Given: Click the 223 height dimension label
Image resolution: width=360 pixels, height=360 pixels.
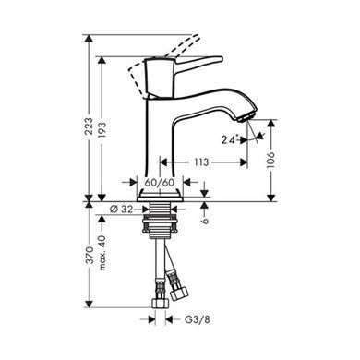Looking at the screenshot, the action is point(89,126).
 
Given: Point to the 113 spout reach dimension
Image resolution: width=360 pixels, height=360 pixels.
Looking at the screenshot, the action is point(201,162).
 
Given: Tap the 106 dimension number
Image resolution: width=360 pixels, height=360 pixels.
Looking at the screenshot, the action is point(270,160).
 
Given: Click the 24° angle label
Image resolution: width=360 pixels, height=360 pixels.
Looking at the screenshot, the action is point(231,139).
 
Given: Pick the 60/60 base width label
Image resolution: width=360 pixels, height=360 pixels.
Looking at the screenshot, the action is point(160,183).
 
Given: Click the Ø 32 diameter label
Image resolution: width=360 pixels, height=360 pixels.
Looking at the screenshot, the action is point(122,210).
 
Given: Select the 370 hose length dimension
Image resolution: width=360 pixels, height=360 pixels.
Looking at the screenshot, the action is point(89,255).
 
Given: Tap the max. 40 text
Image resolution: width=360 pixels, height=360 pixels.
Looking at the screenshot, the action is point(102,253).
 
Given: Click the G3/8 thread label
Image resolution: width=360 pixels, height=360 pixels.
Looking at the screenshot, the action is point(198,319).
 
